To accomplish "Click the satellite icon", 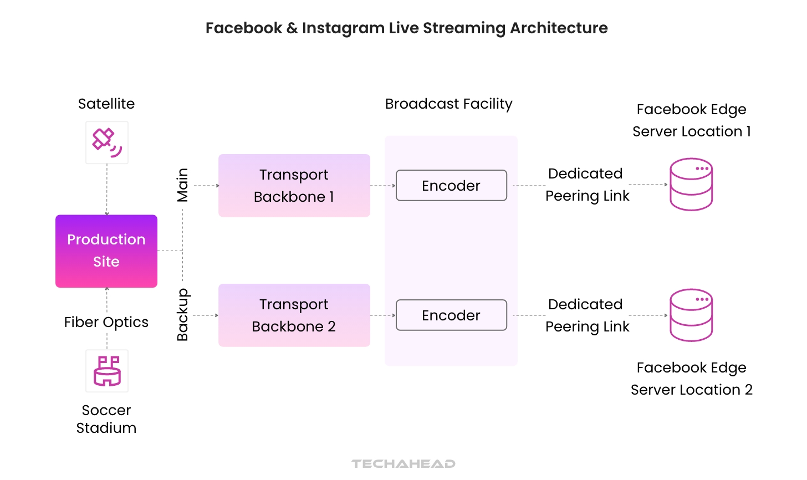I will point(107,142).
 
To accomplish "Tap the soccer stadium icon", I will point(107,371).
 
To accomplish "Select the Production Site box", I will point(106,251).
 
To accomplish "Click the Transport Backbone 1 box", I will point(294,186).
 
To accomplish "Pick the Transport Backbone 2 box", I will point(294,315).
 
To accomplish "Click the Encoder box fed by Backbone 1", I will point(451,186).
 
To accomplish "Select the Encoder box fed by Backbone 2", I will point(451,315).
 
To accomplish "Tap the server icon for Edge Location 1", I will point(691,185).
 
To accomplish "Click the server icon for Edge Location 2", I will point(691,315).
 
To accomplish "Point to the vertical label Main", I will point(182,185).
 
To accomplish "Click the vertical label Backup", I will point(182,314).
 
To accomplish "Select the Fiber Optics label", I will point(106,322).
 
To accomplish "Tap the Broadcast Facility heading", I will point(448,104).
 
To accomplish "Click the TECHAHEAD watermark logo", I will point(403,464).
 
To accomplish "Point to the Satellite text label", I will point(106,104).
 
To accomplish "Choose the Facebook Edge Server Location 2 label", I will point(691,379).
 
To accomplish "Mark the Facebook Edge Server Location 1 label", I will point(691,120).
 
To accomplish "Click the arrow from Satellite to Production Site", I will point(107,189).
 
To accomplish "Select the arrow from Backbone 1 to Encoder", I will point(383,186).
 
